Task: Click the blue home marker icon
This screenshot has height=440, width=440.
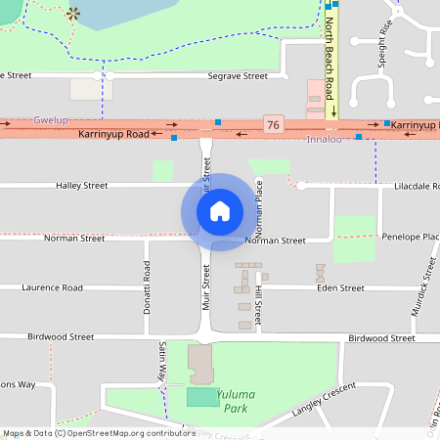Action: pyautogui.click(x=220, y=211)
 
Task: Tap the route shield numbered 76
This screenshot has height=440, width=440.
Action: pyautogui.click(x=273, y=124)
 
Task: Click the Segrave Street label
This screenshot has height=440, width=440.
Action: pyautogui.click(x=238, y=75)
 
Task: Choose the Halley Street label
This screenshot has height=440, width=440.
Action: pyautogui.click(x=81, y=185)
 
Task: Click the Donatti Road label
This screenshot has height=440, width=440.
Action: pyautogui.click(x=148, y=288)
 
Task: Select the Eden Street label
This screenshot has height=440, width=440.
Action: pyautogui.click(x=340, y=288)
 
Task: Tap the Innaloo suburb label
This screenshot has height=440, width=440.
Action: pyautogui.click(x=324, y=140)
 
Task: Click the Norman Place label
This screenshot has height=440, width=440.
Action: pyautogui.click(x=259, y=210)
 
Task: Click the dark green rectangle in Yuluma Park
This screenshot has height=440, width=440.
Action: pyautogui.click(x=202, y=397)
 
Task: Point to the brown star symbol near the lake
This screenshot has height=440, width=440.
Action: pyautogui.click(x=73, y=14)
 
